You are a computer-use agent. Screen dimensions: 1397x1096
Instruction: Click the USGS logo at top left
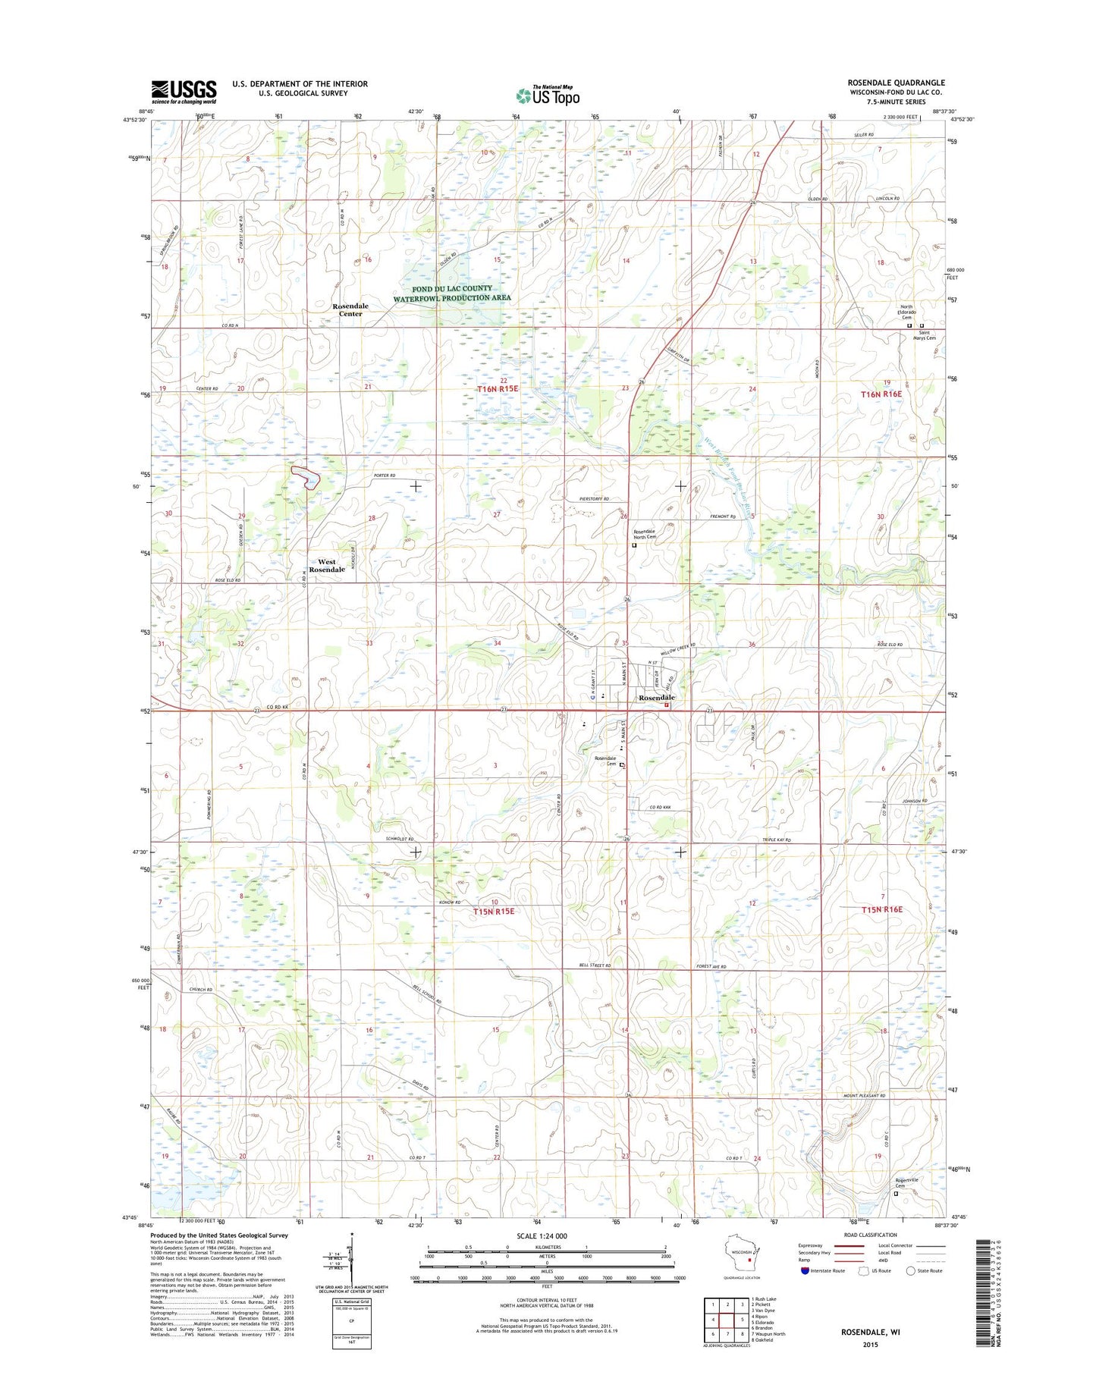(x=184, y=92)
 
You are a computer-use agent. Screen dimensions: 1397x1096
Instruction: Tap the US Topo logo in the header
(x=548, y=96)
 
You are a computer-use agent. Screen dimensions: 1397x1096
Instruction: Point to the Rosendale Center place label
(x=350, y=310)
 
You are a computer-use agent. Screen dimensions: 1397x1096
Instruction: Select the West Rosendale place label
(x=327, y=566)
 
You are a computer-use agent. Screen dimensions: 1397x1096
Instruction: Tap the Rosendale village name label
(x=656, y=697)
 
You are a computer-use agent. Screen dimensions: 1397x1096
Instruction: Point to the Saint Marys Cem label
(x=927, y=335)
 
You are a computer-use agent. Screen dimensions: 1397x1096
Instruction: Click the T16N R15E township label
(x=498, y=389)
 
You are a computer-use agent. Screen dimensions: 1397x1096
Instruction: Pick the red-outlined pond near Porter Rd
(x=306, y=476)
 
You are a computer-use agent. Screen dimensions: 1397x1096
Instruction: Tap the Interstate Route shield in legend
(x=805, y=1270)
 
